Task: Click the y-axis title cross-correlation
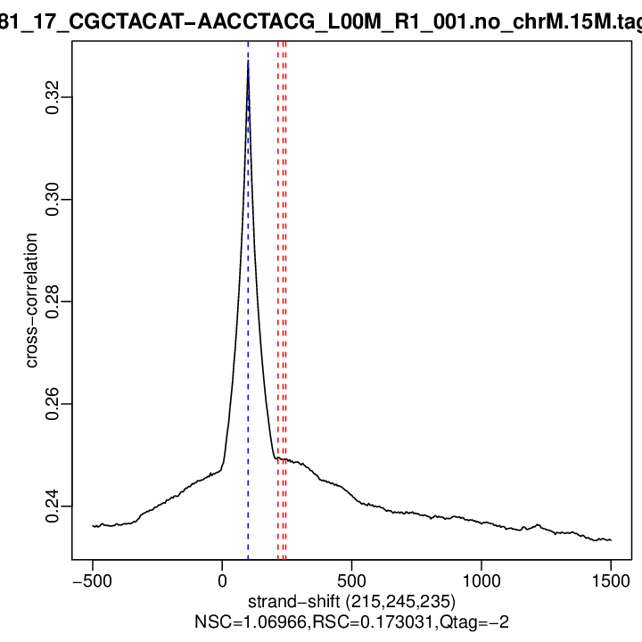[x=30, y=301]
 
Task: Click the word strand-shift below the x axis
[x=295, y=601]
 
